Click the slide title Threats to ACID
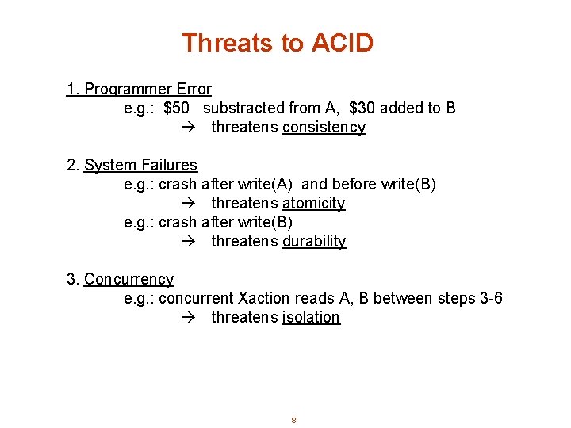278,43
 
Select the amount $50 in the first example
176,109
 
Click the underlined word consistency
324,128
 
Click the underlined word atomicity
313,204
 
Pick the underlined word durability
314,242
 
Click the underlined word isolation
311,318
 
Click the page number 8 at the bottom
293,420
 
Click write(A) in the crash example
267,185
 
